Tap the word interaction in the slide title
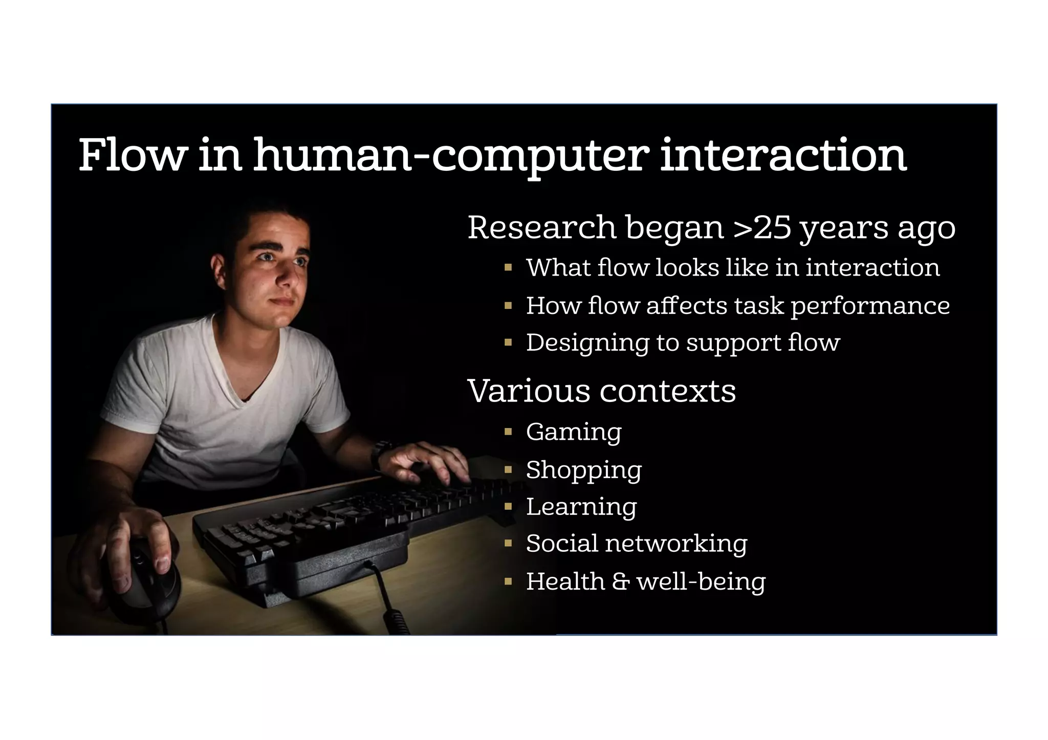click(x=783, y=155)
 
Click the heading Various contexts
click(x=602, y=391)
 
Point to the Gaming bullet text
click(x=574, y=432)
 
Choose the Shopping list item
click(x=584, y=470)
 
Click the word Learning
click(x=581, y=507)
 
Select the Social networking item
click(x=637, y=543)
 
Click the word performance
click(x=870, y=306)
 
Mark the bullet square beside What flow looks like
click(x=508, y=267)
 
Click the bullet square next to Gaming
click(x=508, y=432)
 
